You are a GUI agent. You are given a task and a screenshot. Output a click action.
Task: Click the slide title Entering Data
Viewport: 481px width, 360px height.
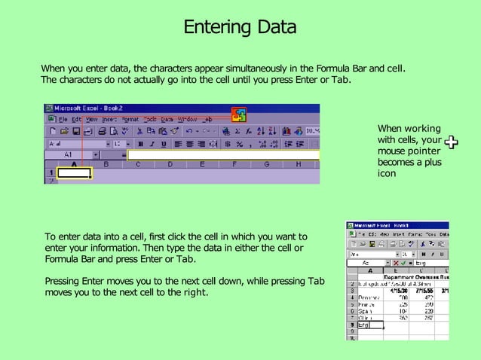coord(240,29)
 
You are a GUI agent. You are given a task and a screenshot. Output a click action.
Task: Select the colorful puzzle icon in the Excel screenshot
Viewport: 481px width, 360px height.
coord(238,114)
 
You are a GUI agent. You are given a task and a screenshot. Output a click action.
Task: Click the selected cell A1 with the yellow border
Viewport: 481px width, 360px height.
coord(74,173)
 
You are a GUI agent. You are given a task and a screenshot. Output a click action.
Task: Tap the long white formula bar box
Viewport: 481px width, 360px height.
coord(223,155)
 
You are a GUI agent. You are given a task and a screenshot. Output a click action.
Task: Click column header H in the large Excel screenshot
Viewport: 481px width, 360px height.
coord(299,163)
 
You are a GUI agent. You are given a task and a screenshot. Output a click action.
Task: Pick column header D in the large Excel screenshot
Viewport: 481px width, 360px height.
coord(170,163)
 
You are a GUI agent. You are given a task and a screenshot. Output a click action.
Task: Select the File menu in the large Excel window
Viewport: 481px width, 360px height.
coord(63,119)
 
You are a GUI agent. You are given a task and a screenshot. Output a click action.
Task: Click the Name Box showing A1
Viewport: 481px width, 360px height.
coord(69,155)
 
